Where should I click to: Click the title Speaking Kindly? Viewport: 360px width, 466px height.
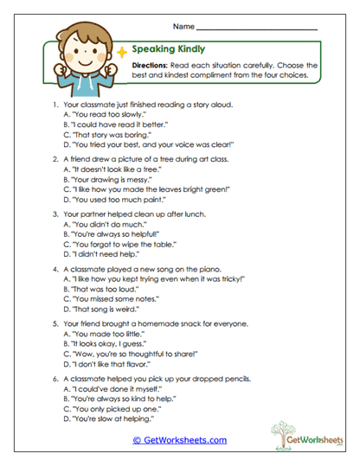pos(169,49)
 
